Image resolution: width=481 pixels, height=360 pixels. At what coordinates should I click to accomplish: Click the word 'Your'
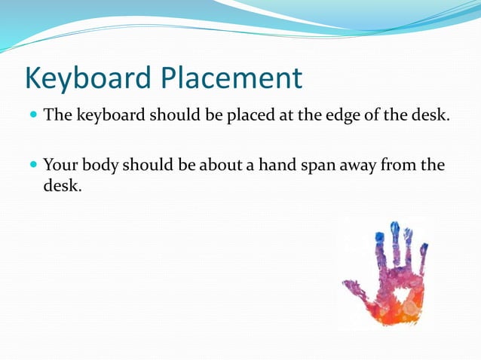60,165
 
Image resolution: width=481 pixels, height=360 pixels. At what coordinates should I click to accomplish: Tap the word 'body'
99,165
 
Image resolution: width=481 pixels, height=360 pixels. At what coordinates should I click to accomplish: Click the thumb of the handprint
352,288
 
